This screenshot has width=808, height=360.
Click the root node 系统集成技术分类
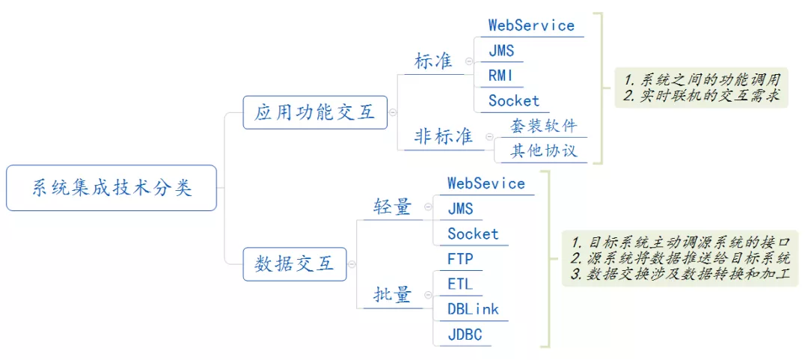click(111, 188)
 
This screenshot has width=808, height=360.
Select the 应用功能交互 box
click(315, 112)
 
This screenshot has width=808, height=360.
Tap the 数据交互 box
click(295, 264)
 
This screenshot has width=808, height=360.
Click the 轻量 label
click(393, 207)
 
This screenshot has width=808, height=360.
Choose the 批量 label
click(393, 295)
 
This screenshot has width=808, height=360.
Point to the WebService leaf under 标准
click(531, 25)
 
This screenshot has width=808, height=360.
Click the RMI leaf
click(501, 76)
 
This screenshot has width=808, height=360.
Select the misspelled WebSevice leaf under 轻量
click(486, 183)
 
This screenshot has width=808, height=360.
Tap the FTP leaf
click(460, 259)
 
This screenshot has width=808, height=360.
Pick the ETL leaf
click(460, 284)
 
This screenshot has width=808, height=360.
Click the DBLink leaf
click(473, 309)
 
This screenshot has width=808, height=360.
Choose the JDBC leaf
click(465, 335)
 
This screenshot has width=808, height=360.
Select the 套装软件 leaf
click(544, 125)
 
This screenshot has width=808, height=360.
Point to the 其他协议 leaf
click(544, 150)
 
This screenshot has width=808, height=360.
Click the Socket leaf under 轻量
click(473, 234)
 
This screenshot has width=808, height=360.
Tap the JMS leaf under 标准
click(501, 51)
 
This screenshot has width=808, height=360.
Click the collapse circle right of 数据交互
click(352, 264)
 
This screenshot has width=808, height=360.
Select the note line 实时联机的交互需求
click(701, 97)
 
